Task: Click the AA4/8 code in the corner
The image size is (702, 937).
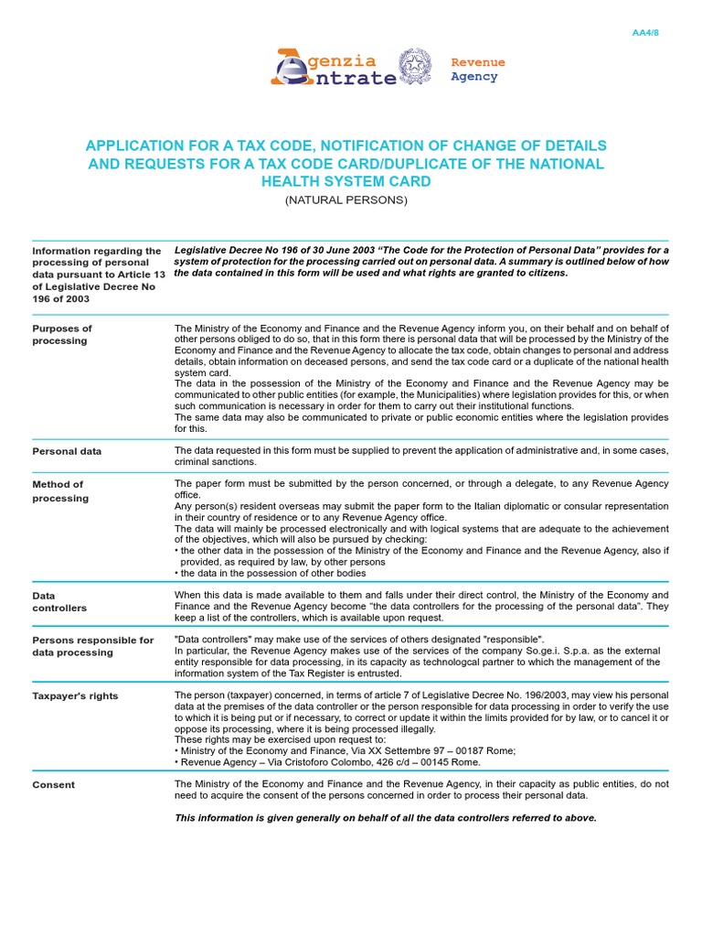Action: click(x=645, y=33)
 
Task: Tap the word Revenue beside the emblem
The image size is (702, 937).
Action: click(x=478, y=62)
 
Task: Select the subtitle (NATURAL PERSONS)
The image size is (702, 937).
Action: click(x=346, y=199)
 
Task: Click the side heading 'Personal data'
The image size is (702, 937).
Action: click(x=67, y=451)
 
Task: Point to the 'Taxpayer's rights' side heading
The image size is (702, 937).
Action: click(x=75, y=696)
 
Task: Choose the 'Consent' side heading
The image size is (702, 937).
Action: click(x=53, y=785)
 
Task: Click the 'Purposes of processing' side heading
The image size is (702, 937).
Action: click(x=62, y=334)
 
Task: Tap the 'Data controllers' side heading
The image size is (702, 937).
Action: click(x=59, y=601)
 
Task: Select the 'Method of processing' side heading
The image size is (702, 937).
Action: click(x=60, y=491)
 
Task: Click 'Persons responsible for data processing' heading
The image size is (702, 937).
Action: click(x=92, y=646)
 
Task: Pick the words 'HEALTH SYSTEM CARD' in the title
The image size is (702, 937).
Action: click(x=346, y=182)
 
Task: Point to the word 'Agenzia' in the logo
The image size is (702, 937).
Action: click(x=342, y=61)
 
